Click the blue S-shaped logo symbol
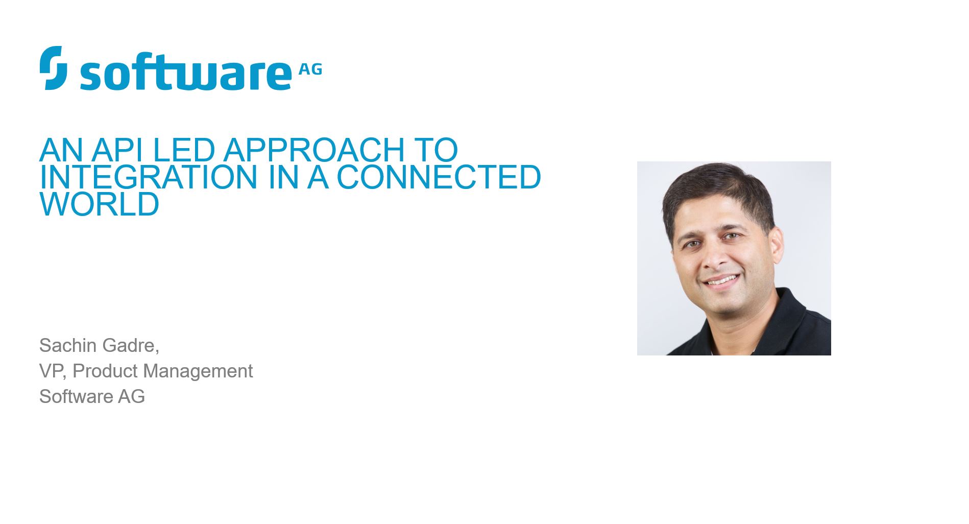pyautogui.click(x=53, y=68)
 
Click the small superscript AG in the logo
pyautogui.click(x=310, y=69)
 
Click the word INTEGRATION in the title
pyautogui.click(x=149, y=177)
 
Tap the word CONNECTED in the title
pyautogui.click(x=439, y=177)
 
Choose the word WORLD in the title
pyautogui.click(x=100, y=204)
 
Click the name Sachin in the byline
pyautogui.click(x=68, y=345)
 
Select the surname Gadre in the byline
pyautogui.click(x=129, y=346)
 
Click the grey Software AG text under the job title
pyautogui.click(x=92, y=396)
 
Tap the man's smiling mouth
pyautogui.click(x=721, y=281)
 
